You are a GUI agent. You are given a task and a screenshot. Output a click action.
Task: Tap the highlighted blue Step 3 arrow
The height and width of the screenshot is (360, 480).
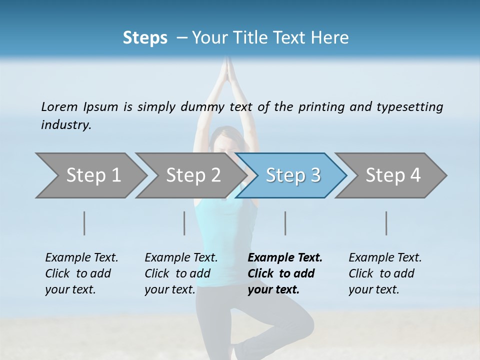point(293,175)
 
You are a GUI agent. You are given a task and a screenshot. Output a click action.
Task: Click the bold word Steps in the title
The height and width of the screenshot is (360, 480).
point(145,38)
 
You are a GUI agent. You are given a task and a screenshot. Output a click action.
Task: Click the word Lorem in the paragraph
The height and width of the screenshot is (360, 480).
point(59,107)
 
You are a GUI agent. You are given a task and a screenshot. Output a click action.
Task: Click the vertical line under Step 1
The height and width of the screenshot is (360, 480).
point(84,223)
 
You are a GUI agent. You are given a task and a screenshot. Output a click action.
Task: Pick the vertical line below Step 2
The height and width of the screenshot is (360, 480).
point(184,223)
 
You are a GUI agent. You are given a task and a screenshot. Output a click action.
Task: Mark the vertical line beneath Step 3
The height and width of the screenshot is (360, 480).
point(285,223)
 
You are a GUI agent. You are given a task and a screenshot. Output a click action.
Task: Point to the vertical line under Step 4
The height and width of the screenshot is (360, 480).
point(386,223)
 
